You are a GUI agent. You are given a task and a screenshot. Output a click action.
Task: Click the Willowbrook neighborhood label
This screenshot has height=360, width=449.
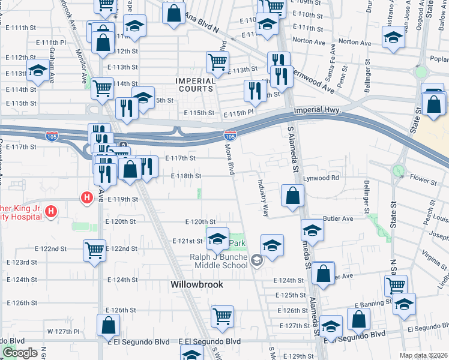(x=196, y=284)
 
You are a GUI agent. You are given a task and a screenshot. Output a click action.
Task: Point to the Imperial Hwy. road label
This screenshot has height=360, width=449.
(x=318, y=111)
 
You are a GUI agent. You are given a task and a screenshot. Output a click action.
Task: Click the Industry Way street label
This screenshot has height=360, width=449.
(x=263, y=199)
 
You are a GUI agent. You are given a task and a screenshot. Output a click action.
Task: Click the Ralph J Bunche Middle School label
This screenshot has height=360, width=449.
(x=218, y=261)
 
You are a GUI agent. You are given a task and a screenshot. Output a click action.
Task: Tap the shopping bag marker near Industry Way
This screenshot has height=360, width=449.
(x=292, y=196)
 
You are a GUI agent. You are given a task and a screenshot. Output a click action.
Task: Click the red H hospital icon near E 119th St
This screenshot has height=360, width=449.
(x=86, y=196)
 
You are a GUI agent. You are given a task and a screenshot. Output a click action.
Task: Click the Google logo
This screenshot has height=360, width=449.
(x=19, y=353)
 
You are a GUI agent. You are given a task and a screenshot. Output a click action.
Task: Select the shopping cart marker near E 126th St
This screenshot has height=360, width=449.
(x=222, y=315)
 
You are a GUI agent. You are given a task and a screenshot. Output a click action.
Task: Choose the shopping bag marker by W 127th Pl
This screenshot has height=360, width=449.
(x=108, y=326)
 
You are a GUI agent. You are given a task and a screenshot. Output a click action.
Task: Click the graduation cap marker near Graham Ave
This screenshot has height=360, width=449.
(x=38, y=71)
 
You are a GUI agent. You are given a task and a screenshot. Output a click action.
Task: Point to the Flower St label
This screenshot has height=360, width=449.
(x=423, y=179)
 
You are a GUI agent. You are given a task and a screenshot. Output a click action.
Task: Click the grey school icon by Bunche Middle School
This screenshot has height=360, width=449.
(x=257, y=260)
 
